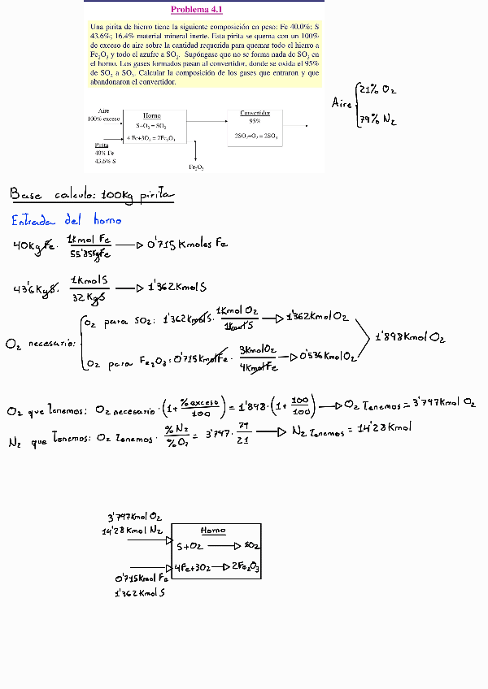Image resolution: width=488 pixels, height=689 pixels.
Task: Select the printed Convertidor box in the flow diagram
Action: [260, 126]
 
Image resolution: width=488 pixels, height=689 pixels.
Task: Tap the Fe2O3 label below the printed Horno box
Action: [196, 167]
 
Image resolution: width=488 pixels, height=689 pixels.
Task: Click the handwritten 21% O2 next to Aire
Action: [379, 89]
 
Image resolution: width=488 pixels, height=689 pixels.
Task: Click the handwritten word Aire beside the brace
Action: [342, 103]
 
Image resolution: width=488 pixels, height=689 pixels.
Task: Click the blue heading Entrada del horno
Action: [66, 219]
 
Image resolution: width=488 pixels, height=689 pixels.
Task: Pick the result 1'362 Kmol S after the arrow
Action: [177, 288]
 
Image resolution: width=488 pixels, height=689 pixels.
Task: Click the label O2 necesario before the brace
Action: [40, 344]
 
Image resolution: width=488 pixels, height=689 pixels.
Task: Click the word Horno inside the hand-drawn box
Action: [212, 530]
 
